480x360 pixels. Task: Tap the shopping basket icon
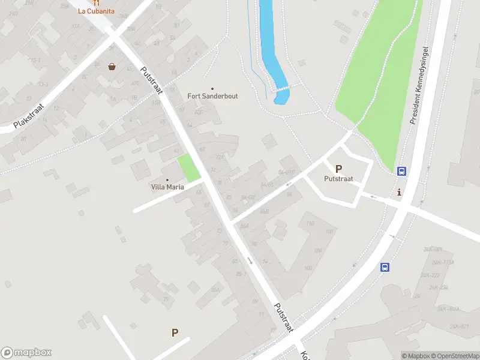tap(112, 67)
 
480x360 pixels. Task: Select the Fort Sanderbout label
tap(212, 96)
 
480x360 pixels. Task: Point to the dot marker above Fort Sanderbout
tap(212, 88)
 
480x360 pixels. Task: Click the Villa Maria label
tap(167, 187)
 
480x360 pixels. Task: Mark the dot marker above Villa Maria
tap(167, 179)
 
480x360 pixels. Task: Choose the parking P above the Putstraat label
tap(338, 169)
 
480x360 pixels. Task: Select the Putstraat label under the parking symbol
tap(338, 179)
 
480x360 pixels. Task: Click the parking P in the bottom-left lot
tap(175, 332)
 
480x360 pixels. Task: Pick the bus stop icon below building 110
tap(385, 268)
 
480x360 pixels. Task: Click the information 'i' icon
tap(400, 192)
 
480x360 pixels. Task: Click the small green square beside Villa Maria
tap(189, 168)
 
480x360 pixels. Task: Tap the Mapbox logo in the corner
tap(26, 353)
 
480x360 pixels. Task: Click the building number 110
tap(310, 224)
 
